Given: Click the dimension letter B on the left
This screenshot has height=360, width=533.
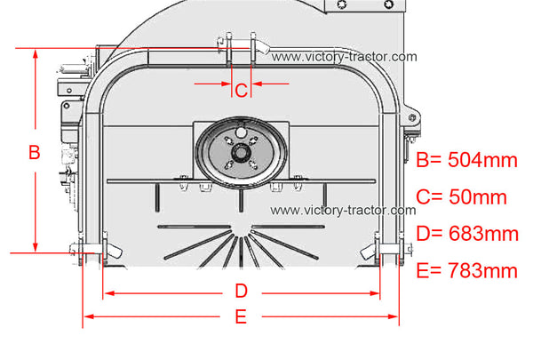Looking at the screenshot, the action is tap(35, 152).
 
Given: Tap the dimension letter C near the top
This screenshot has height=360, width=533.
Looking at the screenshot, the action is tap(241, 91).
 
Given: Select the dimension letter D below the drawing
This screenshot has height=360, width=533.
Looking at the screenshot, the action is tap(241, 292).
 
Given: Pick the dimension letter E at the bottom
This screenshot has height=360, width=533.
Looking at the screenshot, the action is tap(241, 316).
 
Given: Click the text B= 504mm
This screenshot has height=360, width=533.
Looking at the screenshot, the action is tap(466, 160).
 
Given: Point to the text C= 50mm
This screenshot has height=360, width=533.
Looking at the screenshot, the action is tap(461, 196).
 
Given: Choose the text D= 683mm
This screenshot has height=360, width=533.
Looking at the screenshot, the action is tap(467, 234).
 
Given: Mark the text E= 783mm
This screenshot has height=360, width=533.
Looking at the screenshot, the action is tap(466, 270).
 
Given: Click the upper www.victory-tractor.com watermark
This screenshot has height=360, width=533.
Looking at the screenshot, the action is tap(344, 57).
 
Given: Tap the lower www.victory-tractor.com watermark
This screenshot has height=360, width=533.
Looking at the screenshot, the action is tap(343, 210).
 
